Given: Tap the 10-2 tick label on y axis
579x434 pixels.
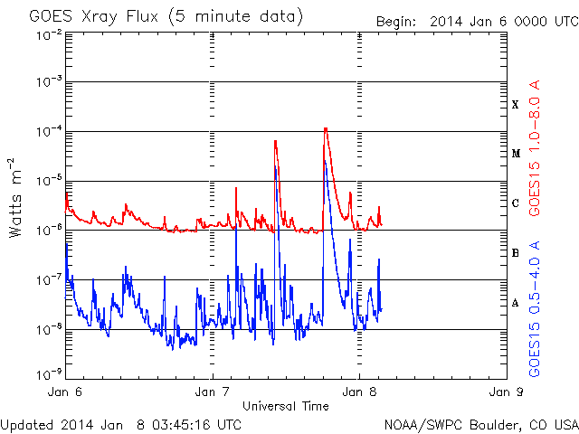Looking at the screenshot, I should click(x=49, y=34).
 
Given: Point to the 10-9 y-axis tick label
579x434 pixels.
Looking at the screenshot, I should click(x=49, y=373).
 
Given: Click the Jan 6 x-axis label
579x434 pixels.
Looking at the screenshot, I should click(x=65, y=392).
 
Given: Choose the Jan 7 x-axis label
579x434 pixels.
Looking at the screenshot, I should click(x=213, y=392).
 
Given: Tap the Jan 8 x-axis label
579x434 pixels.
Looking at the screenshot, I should click(x=359, y=392).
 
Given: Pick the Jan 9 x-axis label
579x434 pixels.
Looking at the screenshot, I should click(x=506, y=392).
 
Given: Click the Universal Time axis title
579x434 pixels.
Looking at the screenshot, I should click(x=285, y=406).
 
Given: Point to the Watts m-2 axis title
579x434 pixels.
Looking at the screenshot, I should click(x=16, y=197).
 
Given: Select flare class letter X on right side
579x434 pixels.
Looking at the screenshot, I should click(x=516, y=104).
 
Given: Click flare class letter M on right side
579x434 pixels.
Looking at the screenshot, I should click(x=516, y=153).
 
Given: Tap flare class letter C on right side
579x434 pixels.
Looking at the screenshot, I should click(x=516, y=203).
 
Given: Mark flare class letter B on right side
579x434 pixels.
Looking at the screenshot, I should click(x=516, y=253).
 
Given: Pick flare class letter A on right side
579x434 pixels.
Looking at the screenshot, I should click(x=516, y=303).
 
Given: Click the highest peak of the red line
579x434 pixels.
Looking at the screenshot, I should click(x=325, y=128).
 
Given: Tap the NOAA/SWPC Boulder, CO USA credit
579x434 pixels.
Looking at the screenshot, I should click(x=480, y=423).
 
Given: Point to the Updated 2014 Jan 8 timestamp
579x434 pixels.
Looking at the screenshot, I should click(x=121, y=423).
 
